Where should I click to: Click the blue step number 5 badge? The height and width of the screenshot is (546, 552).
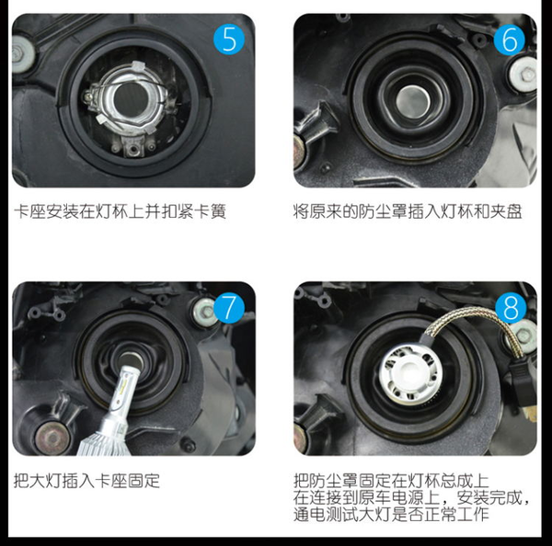229,40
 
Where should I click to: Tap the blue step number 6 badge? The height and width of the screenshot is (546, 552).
510,40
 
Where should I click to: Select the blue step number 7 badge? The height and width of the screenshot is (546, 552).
229,308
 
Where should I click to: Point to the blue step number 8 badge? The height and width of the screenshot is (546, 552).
511,308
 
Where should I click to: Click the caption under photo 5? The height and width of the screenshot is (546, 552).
120,211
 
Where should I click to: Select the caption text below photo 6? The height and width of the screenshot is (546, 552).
408,211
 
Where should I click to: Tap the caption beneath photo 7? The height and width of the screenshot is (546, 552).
86,481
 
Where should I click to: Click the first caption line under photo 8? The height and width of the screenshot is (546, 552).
391,481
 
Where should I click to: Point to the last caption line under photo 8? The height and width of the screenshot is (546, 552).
391,515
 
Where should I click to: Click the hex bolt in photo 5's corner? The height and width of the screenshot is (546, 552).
22,52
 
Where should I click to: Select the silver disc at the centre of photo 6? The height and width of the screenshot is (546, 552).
413,102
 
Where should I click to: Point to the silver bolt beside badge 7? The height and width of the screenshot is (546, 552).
205,311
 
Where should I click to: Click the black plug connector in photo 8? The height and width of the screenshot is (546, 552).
521,383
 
